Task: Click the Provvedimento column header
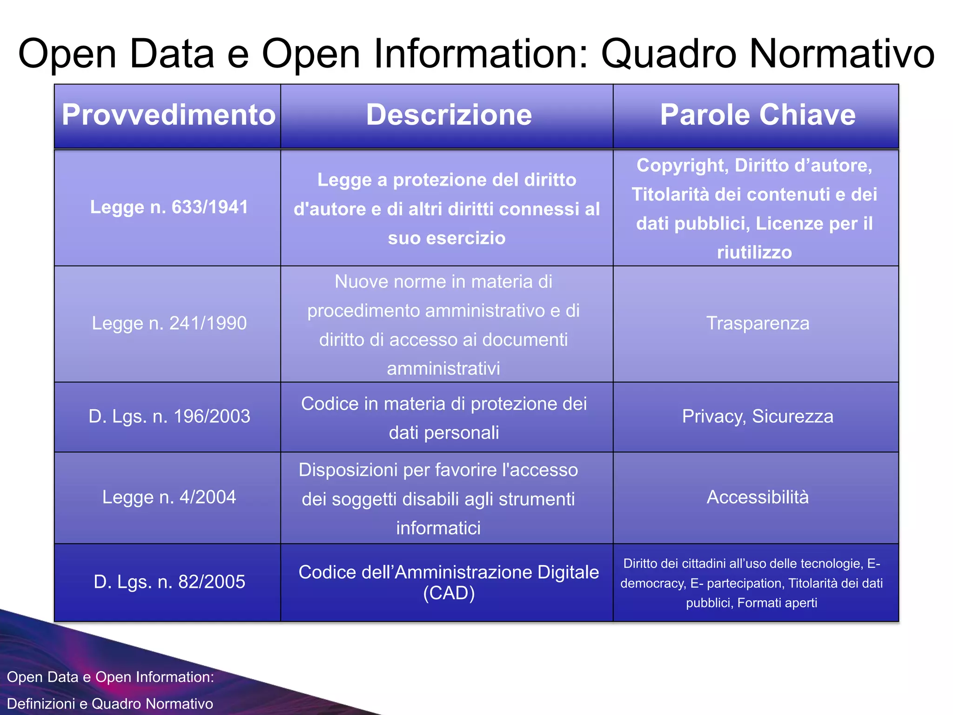[x=168, y=115]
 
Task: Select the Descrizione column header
[x=449, y=115]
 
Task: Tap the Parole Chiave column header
[x=758, y=115]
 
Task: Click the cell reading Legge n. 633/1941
[x=169, y=207]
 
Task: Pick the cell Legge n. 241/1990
[x=169, y=323]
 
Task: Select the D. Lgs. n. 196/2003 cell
[x=169, y=416]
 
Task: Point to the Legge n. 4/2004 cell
[x=169, y=497]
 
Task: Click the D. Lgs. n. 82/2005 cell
[x=169, y=582]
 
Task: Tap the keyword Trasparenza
[x=758, y=323]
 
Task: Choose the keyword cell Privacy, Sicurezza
[x=758, y=416]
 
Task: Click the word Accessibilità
[x=758, y=497]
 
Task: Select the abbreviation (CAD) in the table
[x=449, y=594]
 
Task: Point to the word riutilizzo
[x=754, y=253]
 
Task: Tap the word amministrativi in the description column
[x=443, y=369]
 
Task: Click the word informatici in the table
[x=438, y=528]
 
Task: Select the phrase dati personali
[x=443, y=433]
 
